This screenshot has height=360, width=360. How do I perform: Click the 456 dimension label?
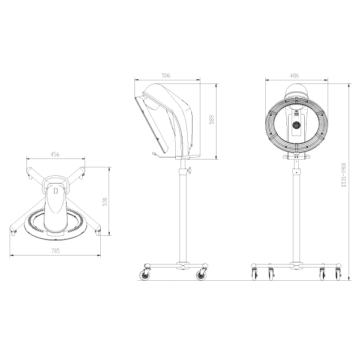pyautogui.click(x=55, y=155)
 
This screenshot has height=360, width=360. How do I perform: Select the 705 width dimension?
pyautogui.click(x=55, y=251)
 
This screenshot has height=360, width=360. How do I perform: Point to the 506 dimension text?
pyautogui.click(x=166, y=76)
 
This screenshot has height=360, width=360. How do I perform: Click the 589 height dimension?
pyautogui.click(x=211, y=119)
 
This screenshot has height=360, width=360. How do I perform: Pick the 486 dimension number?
pyautogui.click(x=295, y=76)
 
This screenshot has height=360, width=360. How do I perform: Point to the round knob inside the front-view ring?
pyautogui.click(x=295, y=125)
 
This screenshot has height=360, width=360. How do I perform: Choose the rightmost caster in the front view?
pyautogui.click(x=338, y=274)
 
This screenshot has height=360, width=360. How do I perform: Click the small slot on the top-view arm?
pyautogui.click(x=55, y=191)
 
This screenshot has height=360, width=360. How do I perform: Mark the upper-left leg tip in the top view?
pyautogui.click(x=29, y=176)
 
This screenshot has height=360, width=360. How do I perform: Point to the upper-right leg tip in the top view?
pyautogui.click(x=82, y=176)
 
